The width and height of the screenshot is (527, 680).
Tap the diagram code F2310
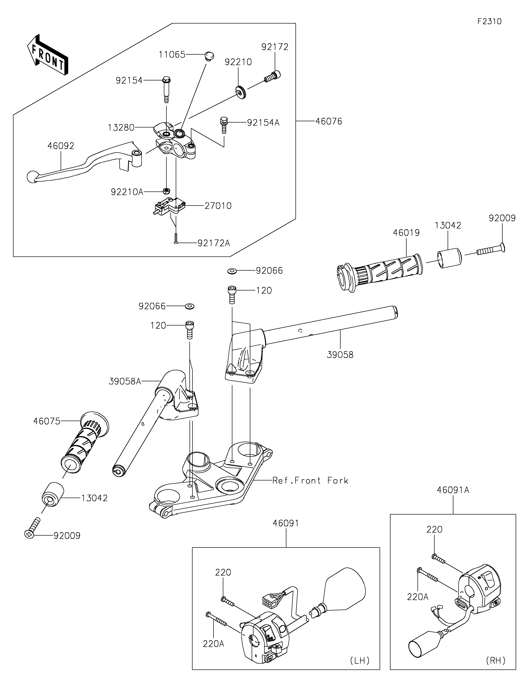click(489, 22)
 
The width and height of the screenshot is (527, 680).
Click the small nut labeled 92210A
click(167, 190)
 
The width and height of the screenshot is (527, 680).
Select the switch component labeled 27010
click(170, 206)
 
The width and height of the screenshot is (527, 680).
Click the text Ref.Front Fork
click(310, 480)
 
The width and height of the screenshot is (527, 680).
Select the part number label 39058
click(340, 355)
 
